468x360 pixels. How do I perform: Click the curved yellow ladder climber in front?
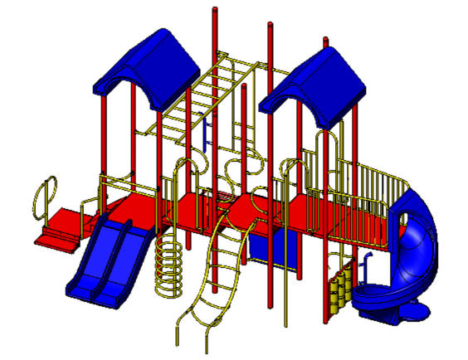click(x=212, y=274)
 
